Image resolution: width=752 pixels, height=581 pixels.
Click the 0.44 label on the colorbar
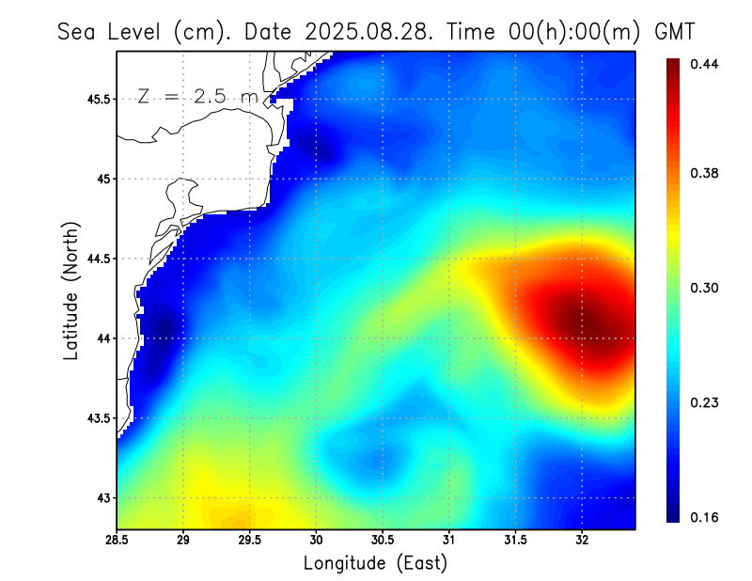(706, 64)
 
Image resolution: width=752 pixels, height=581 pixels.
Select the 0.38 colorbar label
(706, 173)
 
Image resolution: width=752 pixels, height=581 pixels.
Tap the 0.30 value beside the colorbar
(706, 288)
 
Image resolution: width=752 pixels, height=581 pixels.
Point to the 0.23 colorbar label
(706, 402)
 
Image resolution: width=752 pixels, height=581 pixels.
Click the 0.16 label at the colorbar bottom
(706, 517)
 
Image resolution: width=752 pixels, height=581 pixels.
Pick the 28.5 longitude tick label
(117, 540)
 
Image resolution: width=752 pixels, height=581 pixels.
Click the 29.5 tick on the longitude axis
(250, 540)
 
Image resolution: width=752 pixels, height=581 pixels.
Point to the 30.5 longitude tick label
(383, 540)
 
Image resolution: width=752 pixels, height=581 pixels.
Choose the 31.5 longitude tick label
(515, 540)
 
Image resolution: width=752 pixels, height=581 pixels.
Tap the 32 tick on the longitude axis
(582, 540)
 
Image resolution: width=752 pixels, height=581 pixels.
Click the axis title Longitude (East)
(375, 563)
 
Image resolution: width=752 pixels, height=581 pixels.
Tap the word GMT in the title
(674, 31)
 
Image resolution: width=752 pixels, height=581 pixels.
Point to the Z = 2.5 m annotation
(198, 96)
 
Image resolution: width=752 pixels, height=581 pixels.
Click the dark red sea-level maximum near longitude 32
(587, 324)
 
